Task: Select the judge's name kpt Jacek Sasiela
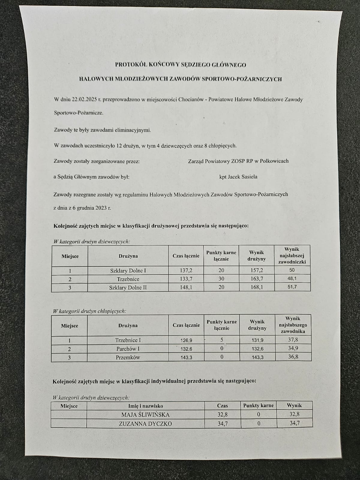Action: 238,177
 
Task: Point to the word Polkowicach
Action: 274,161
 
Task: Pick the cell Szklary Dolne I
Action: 128,271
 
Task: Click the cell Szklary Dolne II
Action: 128,287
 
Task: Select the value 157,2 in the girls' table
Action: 256,270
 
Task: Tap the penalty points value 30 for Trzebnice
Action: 221,279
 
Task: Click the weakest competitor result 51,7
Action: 292,287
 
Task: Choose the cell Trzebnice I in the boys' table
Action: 128,340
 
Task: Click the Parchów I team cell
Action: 128,349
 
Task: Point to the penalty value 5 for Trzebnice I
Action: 222,340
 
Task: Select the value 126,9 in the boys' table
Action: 186,340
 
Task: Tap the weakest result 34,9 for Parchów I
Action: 293,348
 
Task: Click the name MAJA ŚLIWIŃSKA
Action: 145,415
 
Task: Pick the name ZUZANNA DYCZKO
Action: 145,424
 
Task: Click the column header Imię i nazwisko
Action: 145,406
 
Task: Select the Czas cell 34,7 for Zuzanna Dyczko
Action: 222,424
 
